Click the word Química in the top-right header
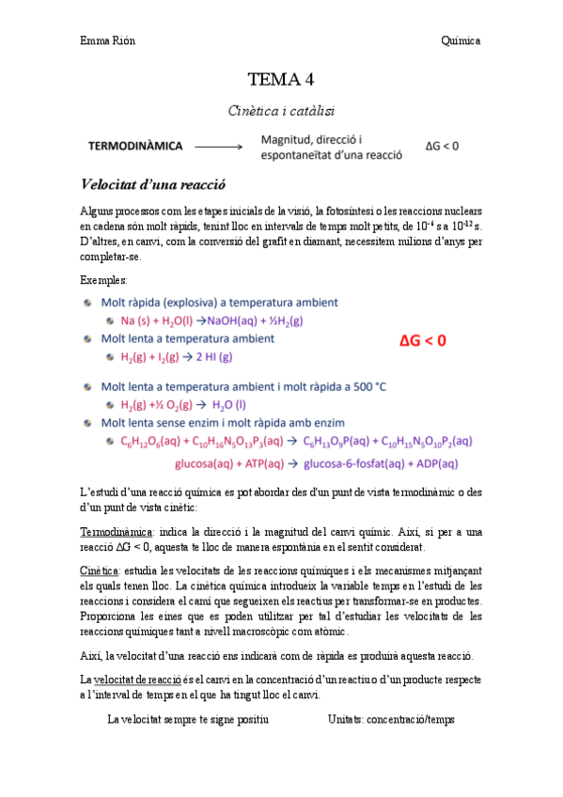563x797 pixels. [x=461, y=41]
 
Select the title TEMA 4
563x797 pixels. [x=280, y=79]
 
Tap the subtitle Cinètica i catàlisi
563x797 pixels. [x=280, y=110]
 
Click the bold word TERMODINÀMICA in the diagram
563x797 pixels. [x=135, y=147]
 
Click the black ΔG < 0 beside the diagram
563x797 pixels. [x=442, y=147]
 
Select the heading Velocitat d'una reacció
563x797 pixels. [x=154, y=183]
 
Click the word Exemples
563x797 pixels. [x=104, y=280]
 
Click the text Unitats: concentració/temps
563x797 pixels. [x=391, y=719]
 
